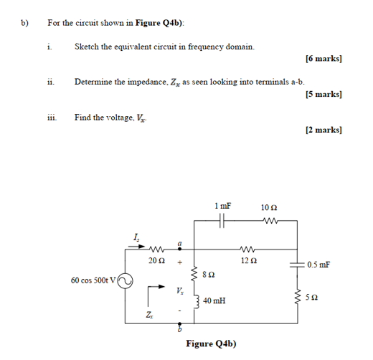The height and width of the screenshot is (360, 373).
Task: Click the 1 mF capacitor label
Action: [x=222, y=206]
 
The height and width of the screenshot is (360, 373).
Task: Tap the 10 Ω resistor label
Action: [x=270, y=206]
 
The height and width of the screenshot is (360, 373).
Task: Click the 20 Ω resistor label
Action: [x=157, y=259]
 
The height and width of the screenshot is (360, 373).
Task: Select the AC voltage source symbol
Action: [x=125, y=281]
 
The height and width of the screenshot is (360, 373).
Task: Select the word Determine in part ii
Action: [x=94, y=82]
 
